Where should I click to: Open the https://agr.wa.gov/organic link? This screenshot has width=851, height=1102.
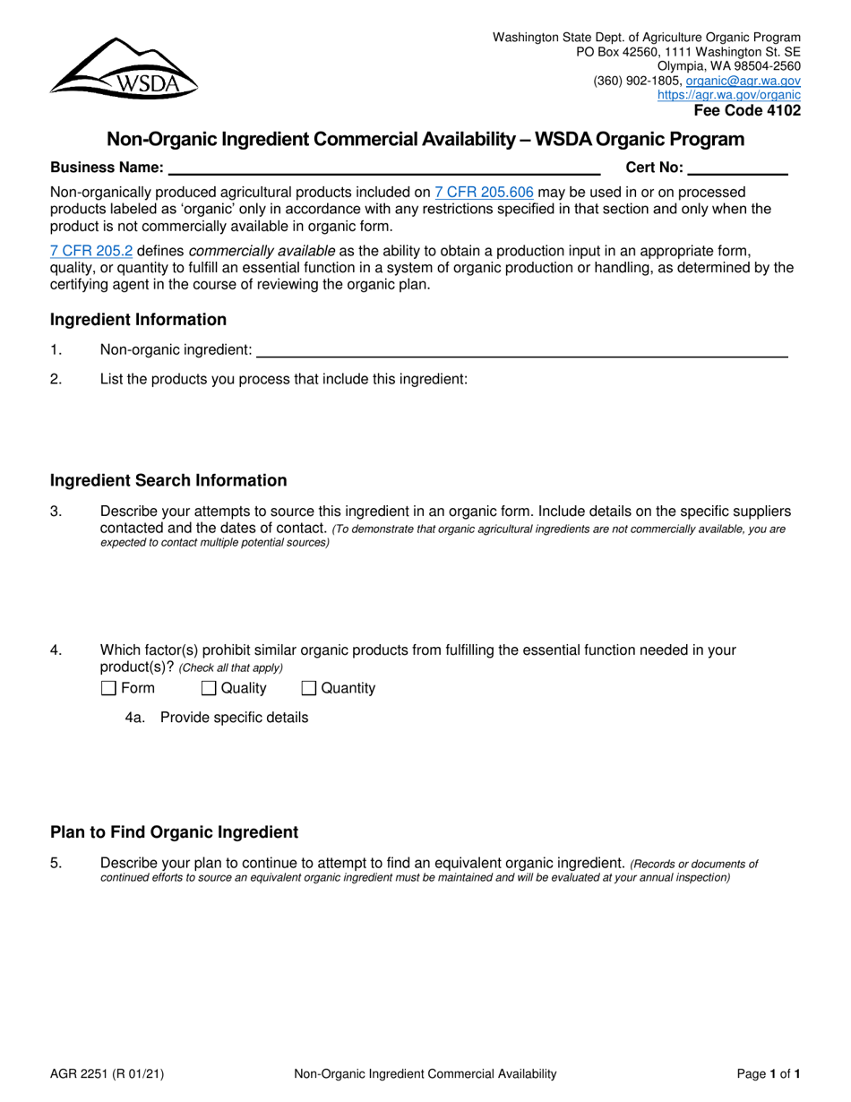coord(729,94)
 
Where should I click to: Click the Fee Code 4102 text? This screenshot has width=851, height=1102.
coord(747,111)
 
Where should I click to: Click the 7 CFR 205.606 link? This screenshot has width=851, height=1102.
coord(484,192)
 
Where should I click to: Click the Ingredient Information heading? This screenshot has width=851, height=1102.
coord(138,320)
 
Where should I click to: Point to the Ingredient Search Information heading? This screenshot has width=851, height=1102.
coord(168,481)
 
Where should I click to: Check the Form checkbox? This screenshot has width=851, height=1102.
coord(108,689)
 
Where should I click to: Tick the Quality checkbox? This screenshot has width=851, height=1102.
coord(209,689)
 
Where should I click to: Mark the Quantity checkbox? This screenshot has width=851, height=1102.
coord(309,689)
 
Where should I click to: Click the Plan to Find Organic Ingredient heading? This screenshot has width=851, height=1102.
coord(174,832)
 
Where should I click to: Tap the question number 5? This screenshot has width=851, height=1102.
coord(56,864)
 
